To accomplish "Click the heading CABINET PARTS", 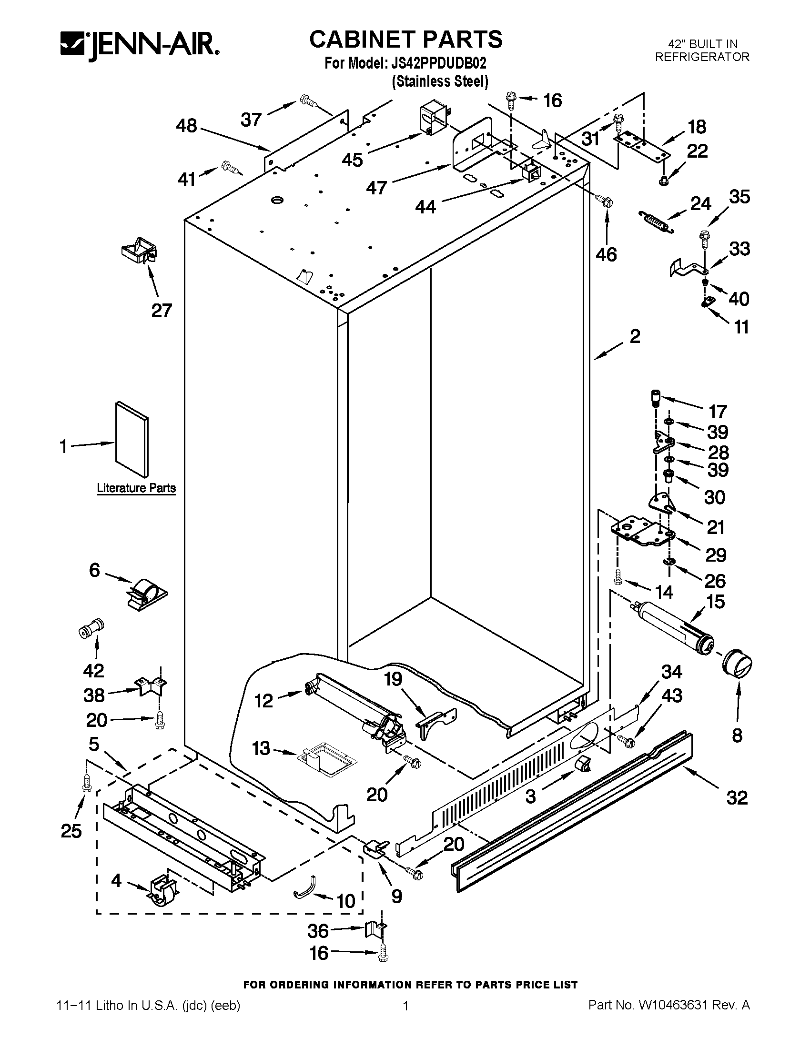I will [x=405, y=40].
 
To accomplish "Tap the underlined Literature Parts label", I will [x=136, y=488].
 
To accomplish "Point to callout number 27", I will [x=162, y=311].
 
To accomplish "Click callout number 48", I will [x=187, y=126].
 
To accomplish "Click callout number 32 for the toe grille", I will [x=737, y=797].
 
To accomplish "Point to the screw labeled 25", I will [x=86, y=783].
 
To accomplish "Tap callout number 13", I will [x=261, y=748].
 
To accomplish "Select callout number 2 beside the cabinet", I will [x=634, y=336].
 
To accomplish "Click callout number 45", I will [x=353, y=159].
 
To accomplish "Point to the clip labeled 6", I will [x=145, y=594].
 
